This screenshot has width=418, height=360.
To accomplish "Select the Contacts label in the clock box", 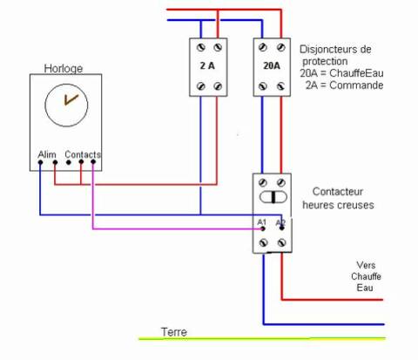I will coord(83,154).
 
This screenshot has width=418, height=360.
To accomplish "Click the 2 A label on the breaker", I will coord(207,65).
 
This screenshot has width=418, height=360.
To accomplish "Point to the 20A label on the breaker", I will coord(272,65).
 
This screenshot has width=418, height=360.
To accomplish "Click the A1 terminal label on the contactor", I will coord(261,223).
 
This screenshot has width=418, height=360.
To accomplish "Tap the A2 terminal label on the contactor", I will coord(280,223).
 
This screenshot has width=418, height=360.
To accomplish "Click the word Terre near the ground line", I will coord(173,332).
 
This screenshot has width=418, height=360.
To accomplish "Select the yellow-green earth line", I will coord(261,338).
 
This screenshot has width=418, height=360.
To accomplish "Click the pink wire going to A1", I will coord(174,229).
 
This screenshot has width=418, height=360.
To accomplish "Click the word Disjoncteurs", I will coord(335,51).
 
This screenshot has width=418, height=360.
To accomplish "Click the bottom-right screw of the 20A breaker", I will coord(280,85).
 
